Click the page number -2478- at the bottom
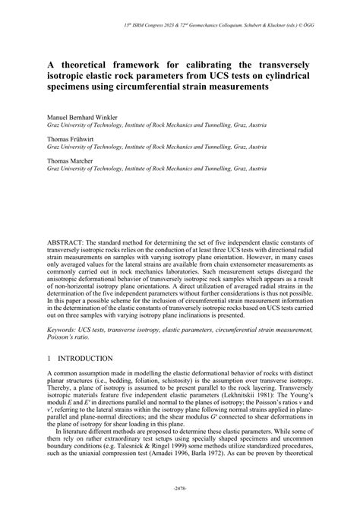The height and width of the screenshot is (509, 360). click(180, 487)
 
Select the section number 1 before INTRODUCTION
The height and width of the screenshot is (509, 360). click(49, 357)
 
